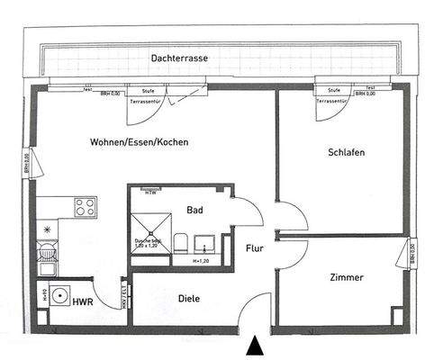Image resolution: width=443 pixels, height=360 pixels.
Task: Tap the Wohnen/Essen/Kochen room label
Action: (x=139, y=140)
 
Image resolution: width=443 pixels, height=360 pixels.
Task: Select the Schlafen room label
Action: (x=346, y=153)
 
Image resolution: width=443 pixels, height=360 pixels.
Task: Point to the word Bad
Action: (x=194, y=211)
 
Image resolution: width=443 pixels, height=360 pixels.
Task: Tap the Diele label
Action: (x=188, y=298)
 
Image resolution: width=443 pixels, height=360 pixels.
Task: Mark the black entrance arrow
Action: (x=256, y=343)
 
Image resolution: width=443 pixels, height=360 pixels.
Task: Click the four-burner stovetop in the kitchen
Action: (x=86, y=208)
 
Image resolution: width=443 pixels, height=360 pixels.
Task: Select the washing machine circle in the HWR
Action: (x=60, y=295)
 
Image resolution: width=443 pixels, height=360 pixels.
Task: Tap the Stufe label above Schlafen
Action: (x=334, y=90)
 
